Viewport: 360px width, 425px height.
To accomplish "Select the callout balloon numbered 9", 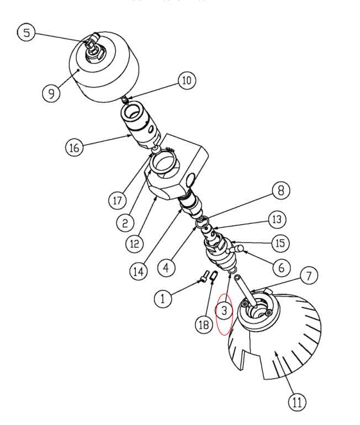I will pyautogui.click(x=51, y=92).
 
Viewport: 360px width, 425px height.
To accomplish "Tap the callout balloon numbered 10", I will pyautogui.click(x=186, y=81).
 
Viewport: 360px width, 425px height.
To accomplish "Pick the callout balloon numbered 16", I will pyautogui.click(x=74, y=147).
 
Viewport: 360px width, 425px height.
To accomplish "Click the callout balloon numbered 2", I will pyautogui.click(x=125, y=222).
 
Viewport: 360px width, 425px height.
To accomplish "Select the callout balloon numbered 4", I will pyautogui.click(x=165, y=267).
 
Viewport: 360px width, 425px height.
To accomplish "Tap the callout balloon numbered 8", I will pyautogui.click(x=280, y=191).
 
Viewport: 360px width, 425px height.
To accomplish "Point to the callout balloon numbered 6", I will pyautogui.click(x=281, y=267).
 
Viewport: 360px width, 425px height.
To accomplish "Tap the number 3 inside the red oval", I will pyautogui.click(x=224, y=311).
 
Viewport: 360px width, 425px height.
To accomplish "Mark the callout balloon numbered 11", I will pyautogui.click(x=297, y=402).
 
